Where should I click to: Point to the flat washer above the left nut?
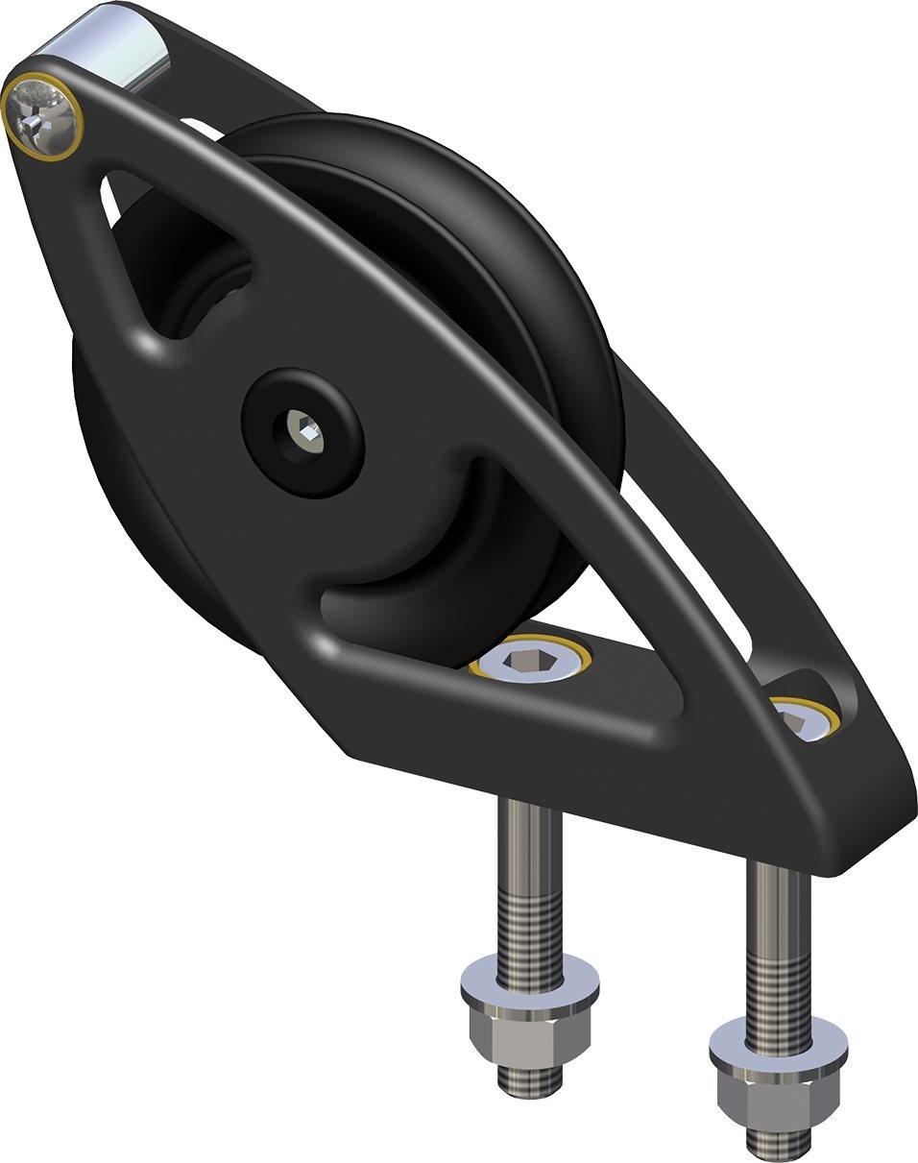pyautogui.click(x=529, y=981)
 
